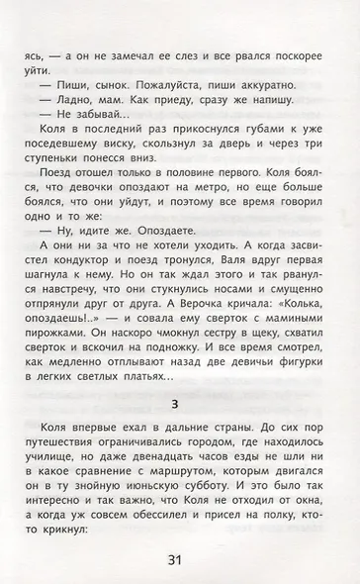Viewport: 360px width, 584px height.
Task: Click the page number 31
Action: [x=179, y=562]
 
